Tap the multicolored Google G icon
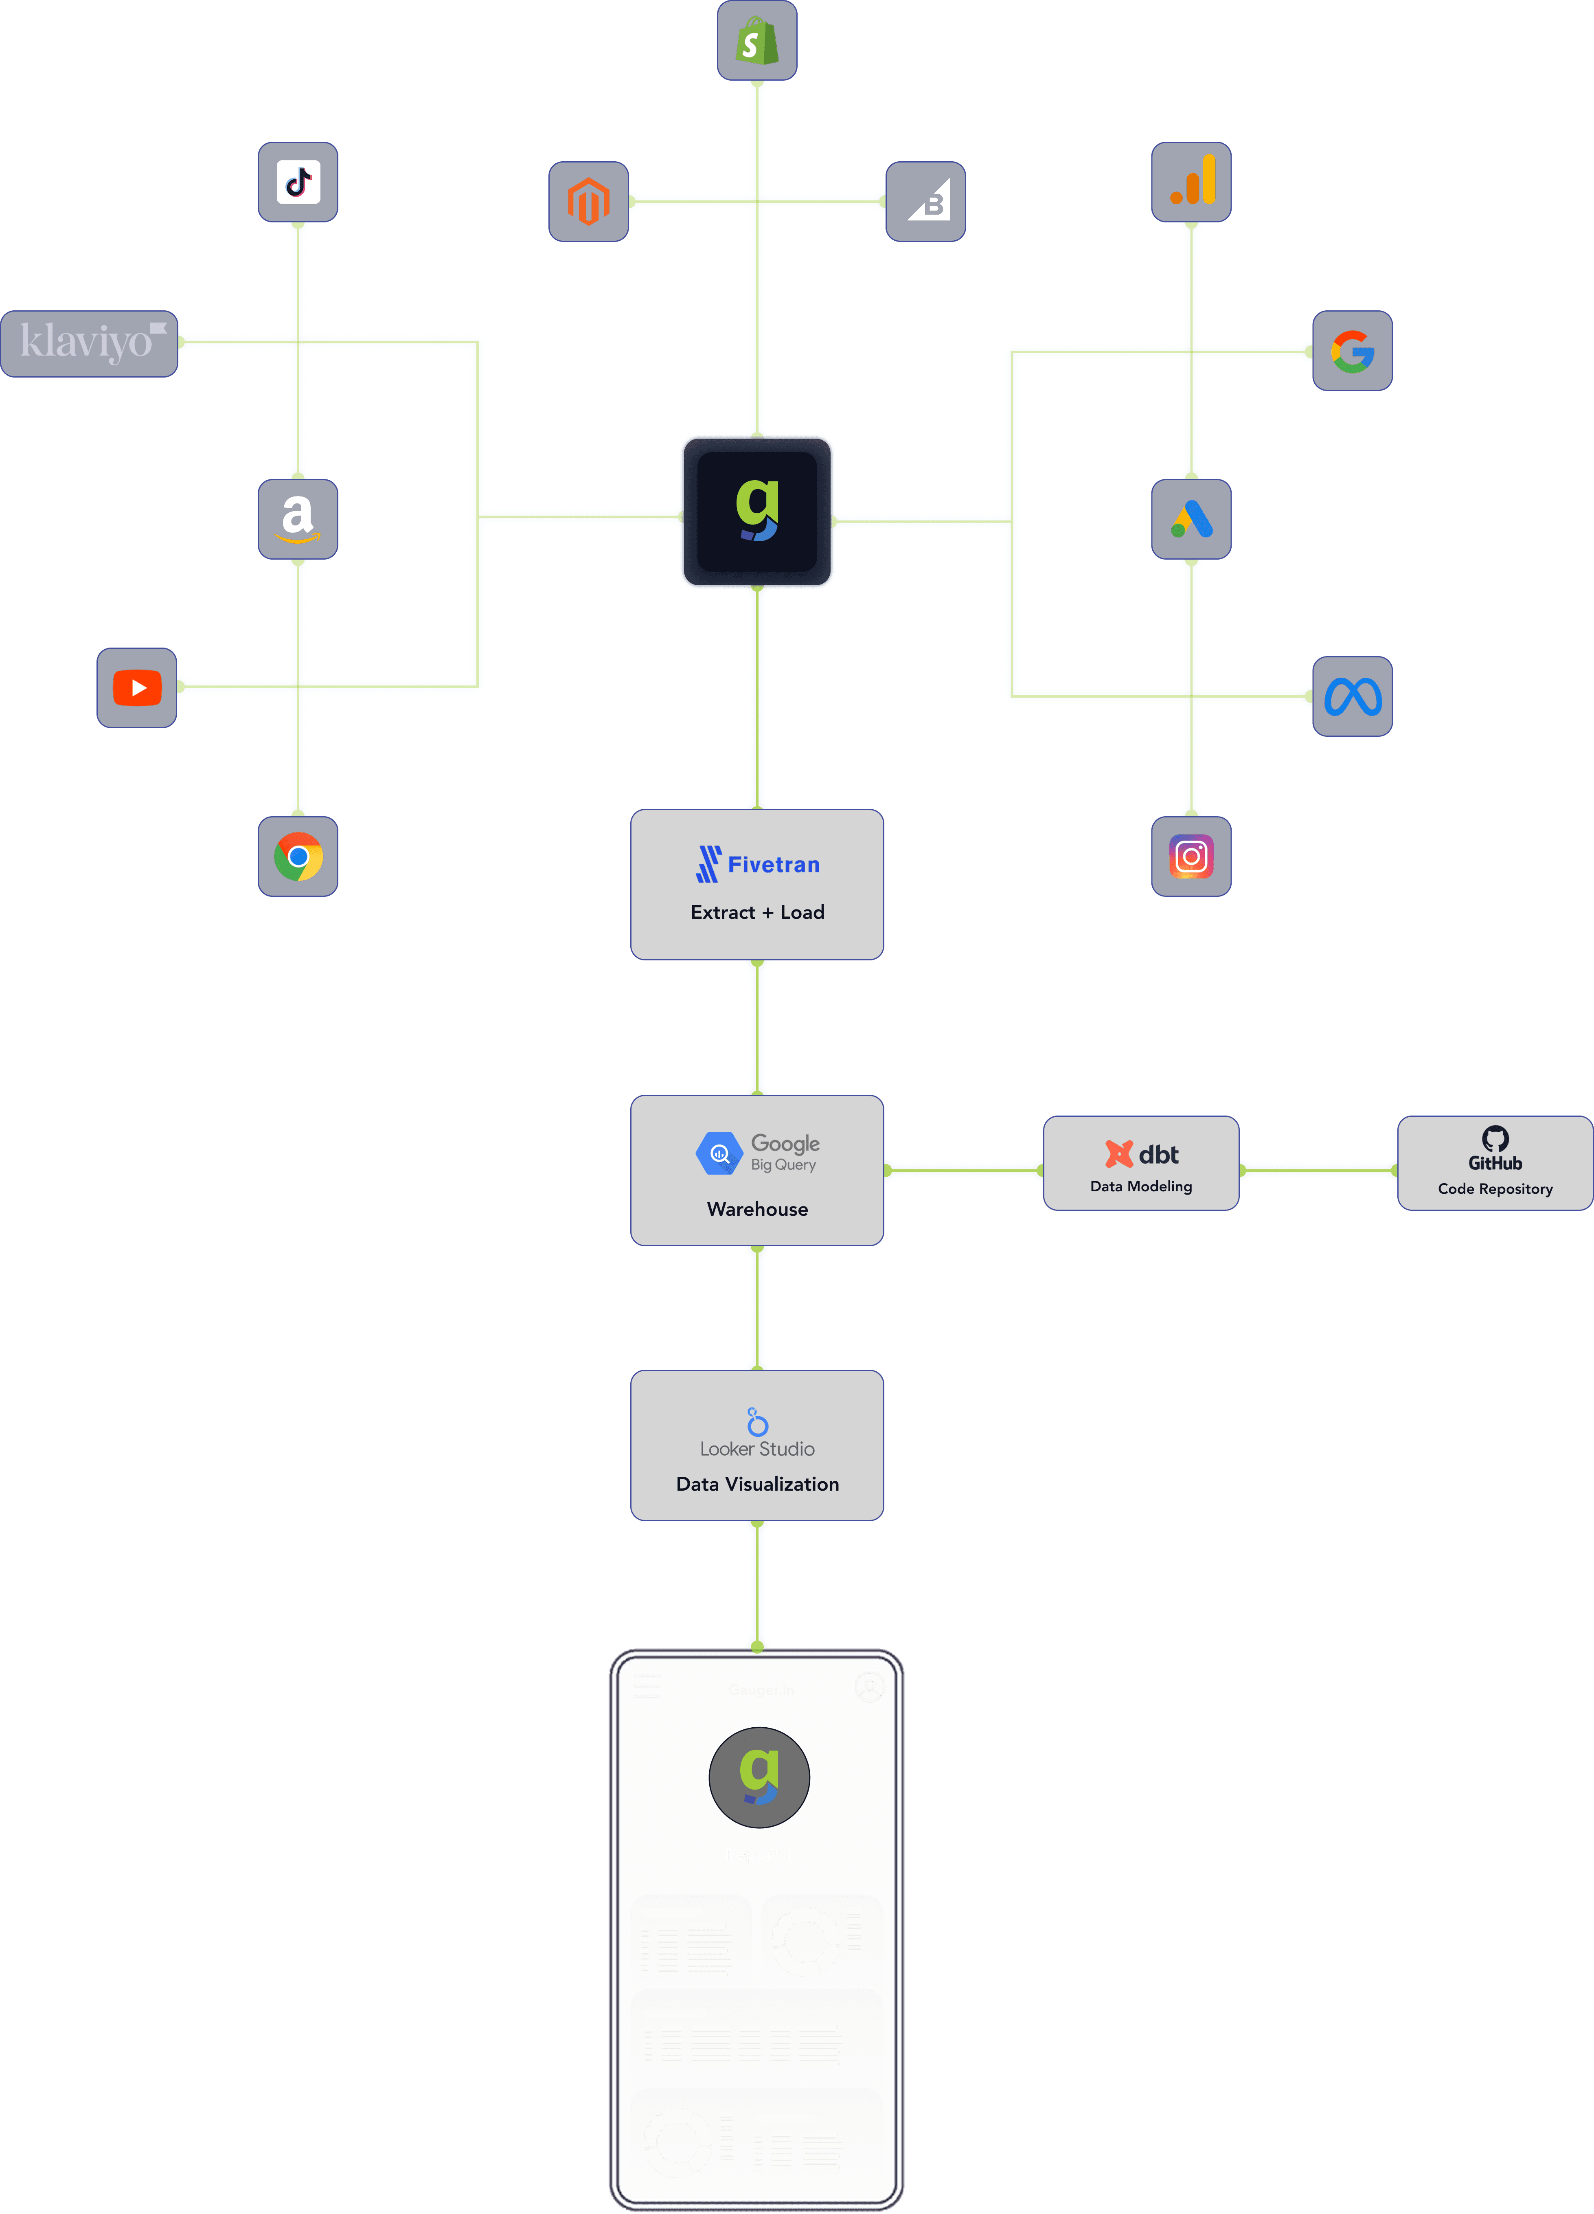coord(1352,351)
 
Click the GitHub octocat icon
coord(1494,1138)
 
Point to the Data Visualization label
coord(757,1484)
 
